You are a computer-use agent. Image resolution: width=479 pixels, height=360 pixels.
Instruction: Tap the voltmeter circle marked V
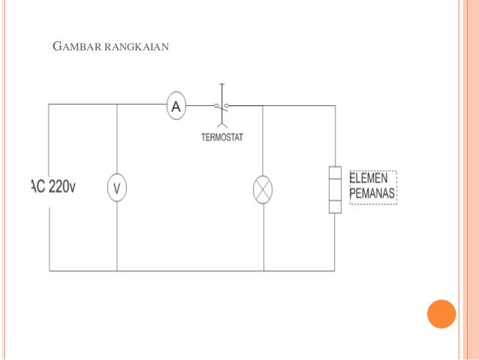click(x=116, y=187)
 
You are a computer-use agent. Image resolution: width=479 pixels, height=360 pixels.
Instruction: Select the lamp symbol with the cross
click(x=263, y=189)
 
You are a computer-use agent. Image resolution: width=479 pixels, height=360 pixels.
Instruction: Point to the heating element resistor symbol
click(x=335, y=190)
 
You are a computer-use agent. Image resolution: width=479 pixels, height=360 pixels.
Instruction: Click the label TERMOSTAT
click(x=222, y=137)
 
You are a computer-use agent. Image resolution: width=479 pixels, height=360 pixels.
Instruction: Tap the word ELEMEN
click(x=369, y=179)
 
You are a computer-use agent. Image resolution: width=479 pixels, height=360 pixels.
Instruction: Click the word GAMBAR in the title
click(x=78, y=50)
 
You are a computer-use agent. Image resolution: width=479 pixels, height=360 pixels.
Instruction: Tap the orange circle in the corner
click(x=441, y=313)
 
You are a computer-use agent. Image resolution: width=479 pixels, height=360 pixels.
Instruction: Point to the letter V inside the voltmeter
click(x=116, y=187)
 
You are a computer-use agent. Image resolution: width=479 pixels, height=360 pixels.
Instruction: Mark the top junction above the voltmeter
click(x=116, y=104)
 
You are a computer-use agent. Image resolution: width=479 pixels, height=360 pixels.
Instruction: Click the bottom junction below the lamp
click(x=263, y=271)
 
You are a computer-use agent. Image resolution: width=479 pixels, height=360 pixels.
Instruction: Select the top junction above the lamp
click(x=263, y=105)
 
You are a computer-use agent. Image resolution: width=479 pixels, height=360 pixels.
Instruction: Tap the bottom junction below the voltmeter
click(x=116, y=271)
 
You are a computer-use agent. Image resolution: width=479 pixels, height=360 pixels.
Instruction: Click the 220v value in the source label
click(x=62, y=187)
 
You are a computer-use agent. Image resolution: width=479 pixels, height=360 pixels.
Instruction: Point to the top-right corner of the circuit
click(x=335, y=105)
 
